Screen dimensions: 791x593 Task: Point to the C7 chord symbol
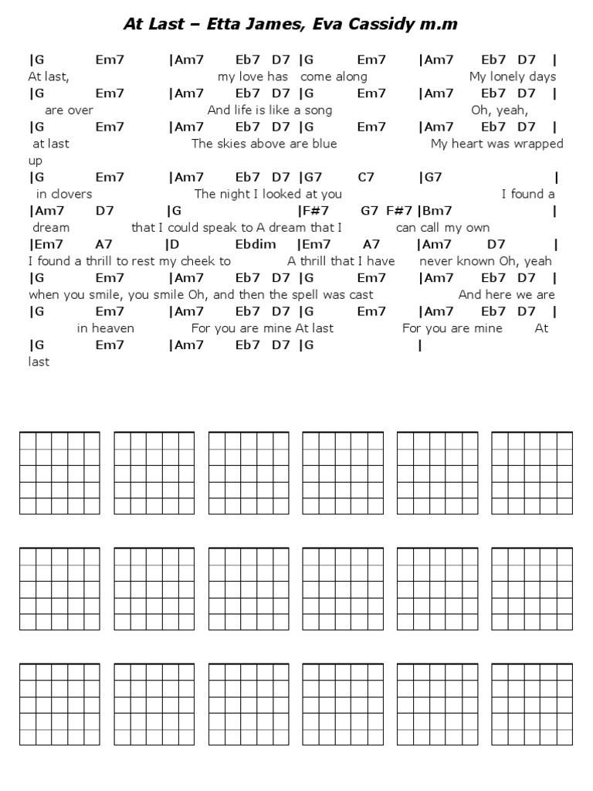point(366,177)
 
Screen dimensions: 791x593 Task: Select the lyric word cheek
point(199,261)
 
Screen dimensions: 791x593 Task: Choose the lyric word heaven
point(114,328)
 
